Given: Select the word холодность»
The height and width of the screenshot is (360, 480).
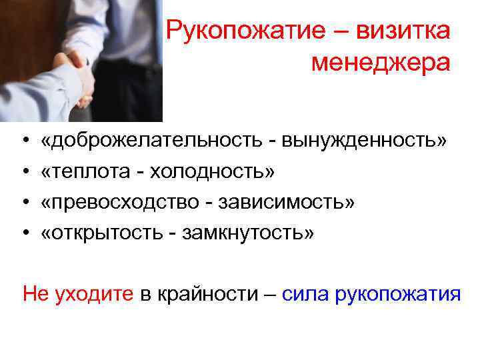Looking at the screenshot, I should (x=212, y=172).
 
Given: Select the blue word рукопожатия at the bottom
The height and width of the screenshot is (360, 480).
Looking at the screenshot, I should (x=398, y=293).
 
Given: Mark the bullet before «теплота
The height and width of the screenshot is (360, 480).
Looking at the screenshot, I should (x=25, y=173).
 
